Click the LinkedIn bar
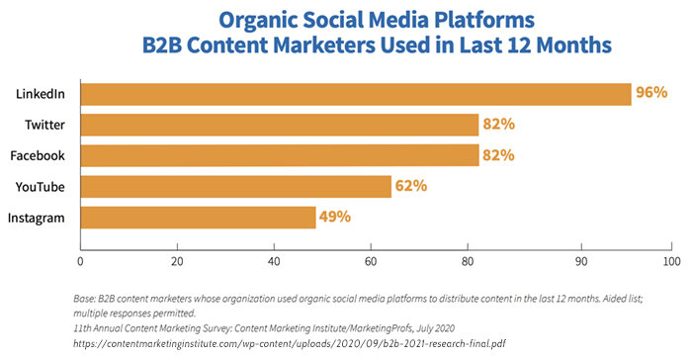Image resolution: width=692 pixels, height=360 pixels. (x=355, y=94)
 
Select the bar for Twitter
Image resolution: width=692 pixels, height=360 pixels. (x=279, y=125)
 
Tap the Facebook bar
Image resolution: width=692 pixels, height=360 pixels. (x=279, y=155)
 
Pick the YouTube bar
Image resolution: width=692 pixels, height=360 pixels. (x=235, y=186)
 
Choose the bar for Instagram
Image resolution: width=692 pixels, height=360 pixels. (x=198, y=217)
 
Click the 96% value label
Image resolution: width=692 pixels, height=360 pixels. (x=651, y=94)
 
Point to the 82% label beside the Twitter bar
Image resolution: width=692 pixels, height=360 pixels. (x=498, y=125)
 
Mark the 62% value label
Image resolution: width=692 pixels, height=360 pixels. (x=410, y=186)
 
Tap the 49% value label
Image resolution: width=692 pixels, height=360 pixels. (x=334, y=217)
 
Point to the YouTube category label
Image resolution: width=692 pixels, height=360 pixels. (x=43, y=186)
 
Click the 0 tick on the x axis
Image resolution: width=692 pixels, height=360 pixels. (x=80, y=262)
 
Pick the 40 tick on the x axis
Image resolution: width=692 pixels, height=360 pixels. (x=273, y=262)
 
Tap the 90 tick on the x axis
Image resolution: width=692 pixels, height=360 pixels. (x=580, y=262)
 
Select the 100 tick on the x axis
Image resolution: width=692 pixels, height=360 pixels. (x=672, y=262)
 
